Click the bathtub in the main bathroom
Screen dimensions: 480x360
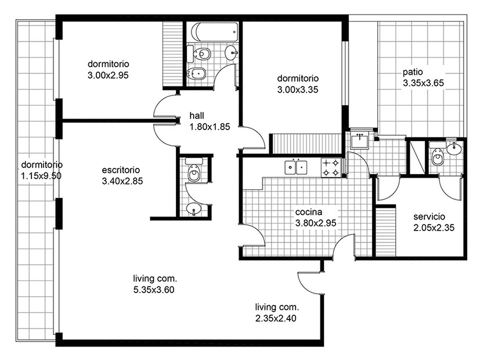(x=215, y=32)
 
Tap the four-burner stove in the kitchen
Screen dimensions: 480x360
(x=331, y=167)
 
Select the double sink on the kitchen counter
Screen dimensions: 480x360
(x=295, y=167)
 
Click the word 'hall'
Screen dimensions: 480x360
(x=197, y=116)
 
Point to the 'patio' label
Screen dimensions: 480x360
(x=413, y=72)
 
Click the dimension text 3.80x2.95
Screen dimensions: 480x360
(x=316, y=223)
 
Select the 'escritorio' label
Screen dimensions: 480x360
(x=121, y=170)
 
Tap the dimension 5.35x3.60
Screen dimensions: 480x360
(x=154, y=290)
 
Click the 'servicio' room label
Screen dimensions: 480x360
(x=429, y=217)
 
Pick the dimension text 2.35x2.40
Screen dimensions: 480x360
(x=276, y=318)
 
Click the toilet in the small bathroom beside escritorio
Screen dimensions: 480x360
(x=194, y=171)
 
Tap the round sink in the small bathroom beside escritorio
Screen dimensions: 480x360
(x=194, y=209)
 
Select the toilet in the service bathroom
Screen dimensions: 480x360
(x=437, y=154)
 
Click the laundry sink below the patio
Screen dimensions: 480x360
(x=360, y=141)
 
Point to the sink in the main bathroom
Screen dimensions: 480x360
(x=231, y=53)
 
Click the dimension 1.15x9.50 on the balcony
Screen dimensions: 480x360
(x=41, y=176)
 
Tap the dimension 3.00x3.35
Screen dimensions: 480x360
(x=298, y=89)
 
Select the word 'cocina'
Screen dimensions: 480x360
(x=309, y=212)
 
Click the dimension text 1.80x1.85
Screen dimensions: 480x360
(x=210, y=127)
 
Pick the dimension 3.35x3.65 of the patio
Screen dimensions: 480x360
(x=423, y=83)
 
